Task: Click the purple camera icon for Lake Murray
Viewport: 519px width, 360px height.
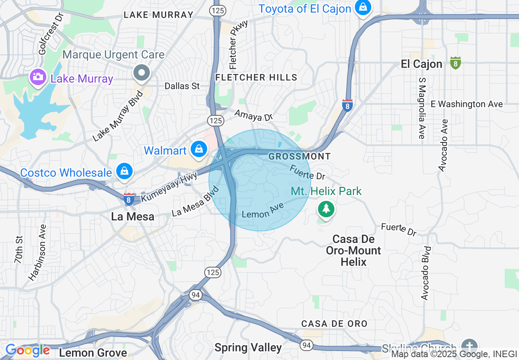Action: (38, 76)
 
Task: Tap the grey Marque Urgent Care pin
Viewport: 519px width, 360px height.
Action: (142, 73)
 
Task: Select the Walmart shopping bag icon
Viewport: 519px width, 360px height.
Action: (199, 149)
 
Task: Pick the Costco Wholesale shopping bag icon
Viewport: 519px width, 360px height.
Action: (124, 171)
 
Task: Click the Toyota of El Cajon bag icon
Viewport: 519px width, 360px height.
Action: (363, 7)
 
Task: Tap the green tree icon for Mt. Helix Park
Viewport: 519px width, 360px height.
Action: (326, 209)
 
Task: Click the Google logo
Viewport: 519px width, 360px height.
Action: (27, 350)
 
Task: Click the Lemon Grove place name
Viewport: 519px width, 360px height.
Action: (93, 353)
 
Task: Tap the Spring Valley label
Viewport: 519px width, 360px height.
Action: (248, 348)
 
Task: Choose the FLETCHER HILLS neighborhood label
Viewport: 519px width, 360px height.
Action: (256, 77)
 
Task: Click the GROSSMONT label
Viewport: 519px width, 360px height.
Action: (299, 156)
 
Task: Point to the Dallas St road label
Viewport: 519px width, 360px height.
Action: (182, 86)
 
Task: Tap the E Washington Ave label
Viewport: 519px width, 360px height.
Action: (467, 104)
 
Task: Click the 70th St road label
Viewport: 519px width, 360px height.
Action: (18, 250)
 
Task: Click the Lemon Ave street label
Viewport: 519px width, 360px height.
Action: (263, 211)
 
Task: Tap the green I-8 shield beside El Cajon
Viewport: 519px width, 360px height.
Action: (455, 63)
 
